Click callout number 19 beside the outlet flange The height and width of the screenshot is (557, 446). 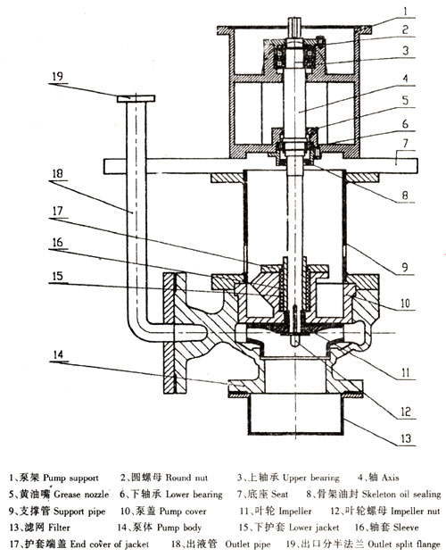pos(57,77)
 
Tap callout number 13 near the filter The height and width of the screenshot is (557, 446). pos(406,438)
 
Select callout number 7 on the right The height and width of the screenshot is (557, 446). pos(406,143)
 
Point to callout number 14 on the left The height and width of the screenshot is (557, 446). pos(58,354)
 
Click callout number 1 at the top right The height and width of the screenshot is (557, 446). pos(406,11)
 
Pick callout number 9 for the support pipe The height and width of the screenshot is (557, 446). pos(405,267)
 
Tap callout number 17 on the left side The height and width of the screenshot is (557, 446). pos(57,211)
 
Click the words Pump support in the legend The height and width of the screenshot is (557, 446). pos(70,478)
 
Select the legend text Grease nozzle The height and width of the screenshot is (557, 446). pos(81,495)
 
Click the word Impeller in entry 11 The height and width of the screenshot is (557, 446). pos(295,511)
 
